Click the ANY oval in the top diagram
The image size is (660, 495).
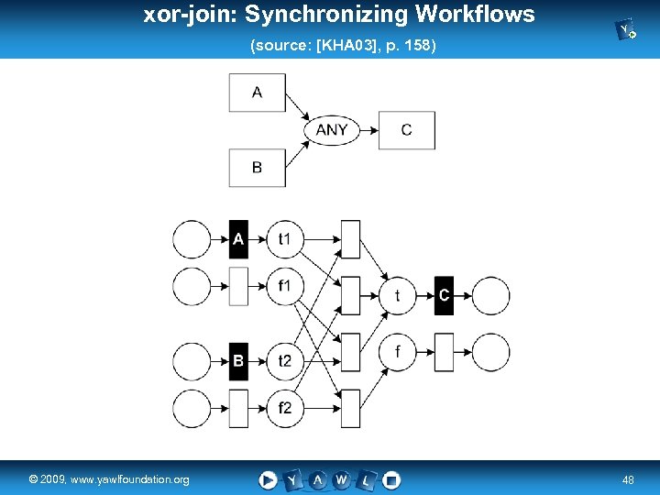pyautogui.click(x=331, y=130)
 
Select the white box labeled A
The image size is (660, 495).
pyautogui.click(x=257, y=93)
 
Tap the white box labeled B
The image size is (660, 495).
pyautogui.click(x=257, y=168)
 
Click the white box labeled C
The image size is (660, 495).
pyautogui.click(x=406, y=130)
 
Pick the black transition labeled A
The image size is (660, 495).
pyautogui.click(x=238, y=239)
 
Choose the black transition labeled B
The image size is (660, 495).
pyautogui.click(x=238, y=361)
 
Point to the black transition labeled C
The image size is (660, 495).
pyautogui.click(x=444, y=295)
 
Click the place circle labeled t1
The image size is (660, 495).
pyautogui.click(x=284, y=239)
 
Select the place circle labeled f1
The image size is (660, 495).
pyautogui.click(x=284, y=286)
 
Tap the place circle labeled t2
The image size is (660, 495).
pyautogui.click(x=284, y=361)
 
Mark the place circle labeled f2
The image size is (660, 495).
pyautogui.click(x=284, y=408)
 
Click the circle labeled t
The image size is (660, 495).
pyautogui.click(x=397, y=295)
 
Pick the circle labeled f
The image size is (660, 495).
pyautogui.click(x=397, y=351)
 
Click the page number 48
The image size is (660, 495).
pyautogui.click(x=628, y=479)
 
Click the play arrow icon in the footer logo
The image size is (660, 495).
pyautogui.click(x=268, y=479)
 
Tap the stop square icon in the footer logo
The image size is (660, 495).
pyautogui.click(x=391, y=479)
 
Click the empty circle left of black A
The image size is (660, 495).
pyautogui.click(x=192, y=239)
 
